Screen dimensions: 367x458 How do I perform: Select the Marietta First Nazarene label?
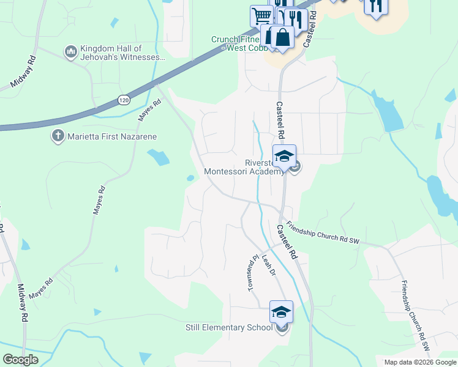[104, 136]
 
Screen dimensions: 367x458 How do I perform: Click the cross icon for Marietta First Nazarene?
[58, 136]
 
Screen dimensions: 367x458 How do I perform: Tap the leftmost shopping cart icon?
[261, 15]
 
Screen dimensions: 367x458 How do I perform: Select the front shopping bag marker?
[283, 37]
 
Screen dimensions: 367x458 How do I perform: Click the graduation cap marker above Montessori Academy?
[284, 157]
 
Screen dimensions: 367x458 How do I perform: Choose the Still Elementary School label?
[229, 327]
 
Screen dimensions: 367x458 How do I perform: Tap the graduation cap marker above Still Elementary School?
[281, 313]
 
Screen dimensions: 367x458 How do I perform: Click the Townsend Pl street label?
[251, 273]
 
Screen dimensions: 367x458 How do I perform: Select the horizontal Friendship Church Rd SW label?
[322, 233]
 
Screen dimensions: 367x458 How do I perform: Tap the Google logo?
[20, 360]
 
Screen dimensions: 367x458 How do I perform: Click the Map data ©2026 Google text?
[419, 362]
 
